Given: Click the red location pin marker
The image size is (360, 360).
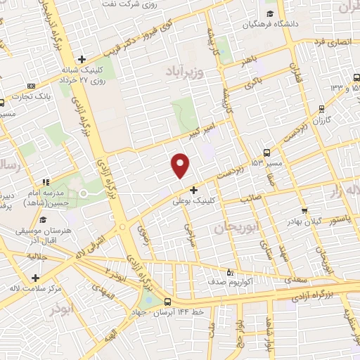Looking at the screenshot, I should pos(181,165).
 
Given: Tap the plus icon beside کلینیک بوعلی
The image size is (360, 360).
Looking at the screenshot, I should pos(194,189).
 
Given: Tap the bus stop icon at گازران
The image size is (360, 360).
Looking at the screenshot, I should pos(321,108).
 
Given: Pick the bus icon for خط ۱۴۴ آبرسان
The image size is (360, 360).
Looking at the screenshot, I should pos(167,302).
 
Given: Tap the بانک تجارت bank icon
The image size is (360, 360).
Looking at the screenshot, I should pos(30,86).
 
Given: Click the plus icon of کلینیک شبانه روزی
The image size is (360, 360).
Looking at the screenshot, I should pos(82,59).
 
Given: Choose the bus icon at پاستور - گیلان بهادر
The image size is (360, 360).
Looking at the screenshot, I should pos(304,210).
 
